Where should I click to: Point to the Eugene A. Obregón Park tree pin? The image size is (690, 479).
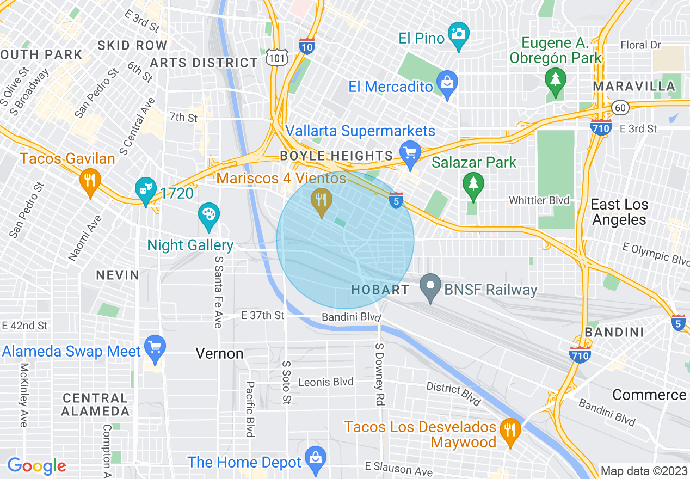pyautogui.click(x=555, y=81)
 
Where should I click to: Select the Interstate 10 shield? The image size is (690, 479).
pyautogui.click(x=307, y=46)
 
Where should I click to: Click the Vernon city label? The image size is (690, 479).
pyautogui.click(x=219, y=354)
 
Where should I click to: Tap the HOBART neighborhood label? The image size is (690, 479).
pyautogui.click(x=380, y=290)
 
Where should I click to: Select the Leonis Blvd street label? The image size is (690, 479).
pyautogui.click(x=326, y=382)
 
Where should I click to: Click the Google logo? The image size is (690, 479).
pyautogui.click(x=36, y=465)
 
